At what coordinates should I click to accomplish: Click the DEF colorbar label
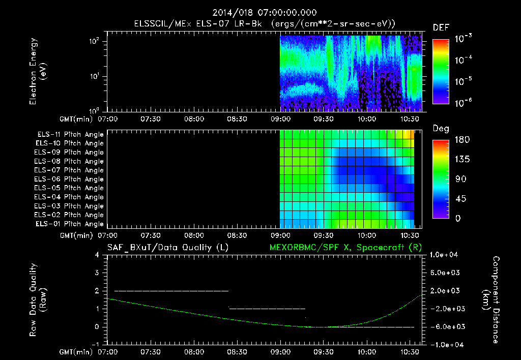point(440,28)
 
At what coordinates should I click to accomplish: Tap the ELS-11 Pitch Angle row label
point(70,135)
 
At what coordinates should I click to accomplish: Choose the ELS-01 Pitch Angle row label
point(69,224)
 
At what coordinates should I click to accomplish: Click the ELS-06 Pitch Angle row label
point(69,179)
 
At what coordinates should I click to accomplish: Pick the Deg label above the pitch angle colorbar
point(440,129)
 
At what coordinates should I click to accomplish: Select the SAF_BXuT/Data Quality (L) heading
point(167,247)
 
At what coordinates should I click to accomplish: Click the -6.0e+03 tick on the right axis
point(446,326)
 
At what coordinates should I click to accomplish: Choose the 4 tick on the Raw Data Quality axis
point(102,255)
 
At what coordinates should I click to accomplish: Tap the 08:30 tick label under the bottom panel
point(238,352)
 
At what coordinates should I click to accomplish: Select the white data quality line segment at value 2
point(171,291)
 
